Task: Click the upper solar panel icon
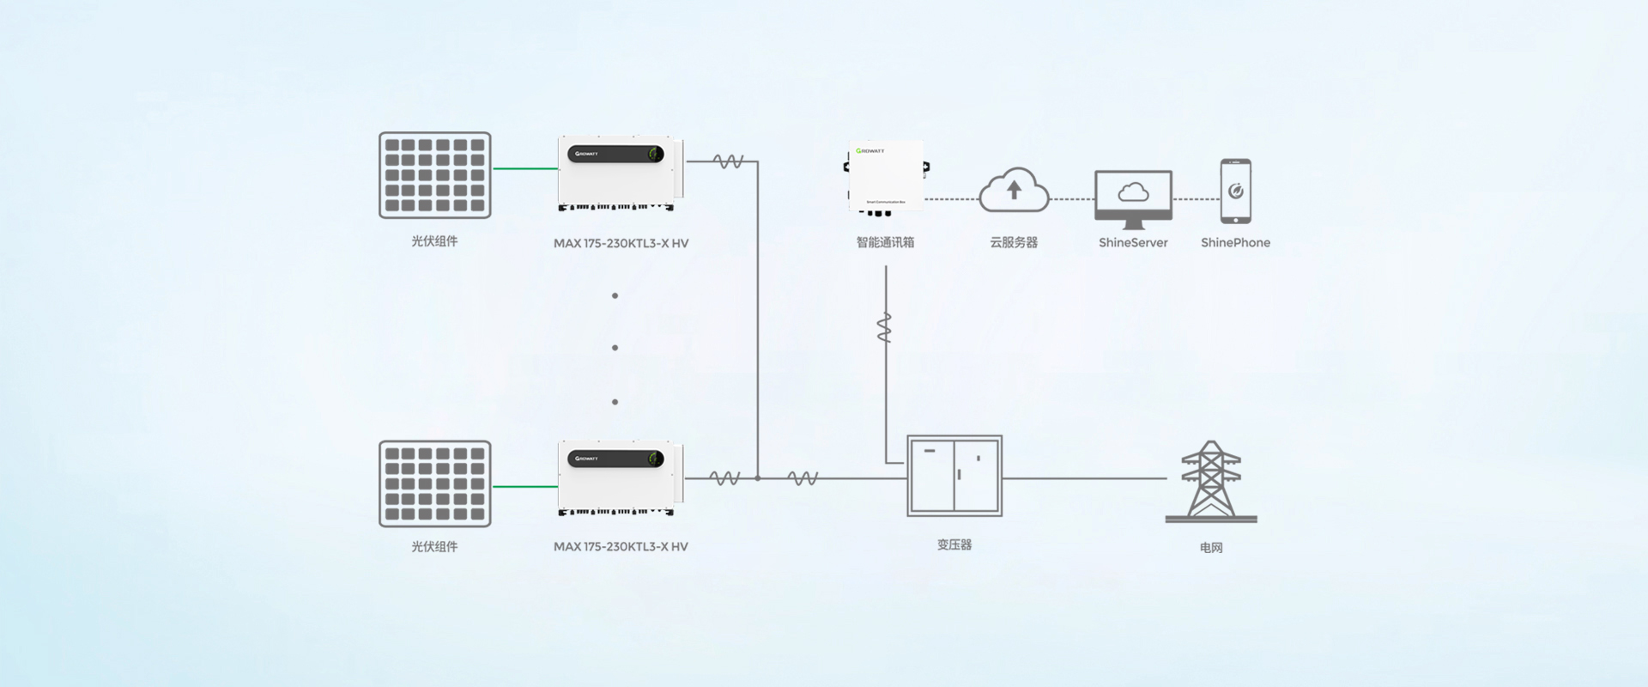pyautogui.click(x=435, y=175)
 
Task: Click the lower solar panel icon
pyautogui.click(x=435, y=483)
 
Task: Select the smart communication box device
pyautogui.click(x=887, y=177)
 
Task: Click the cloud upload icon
pyautogui.click(x=1014, y=190)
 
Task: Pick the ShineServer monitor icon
pyautogui.click(x=1133, y=198)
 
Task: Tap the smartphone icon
pyautogui.click(x=1235, y=191)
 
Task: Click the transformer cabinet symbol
pyautogui.click(x=954, y=476)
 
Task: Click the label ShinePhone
pyautogui.click(x=1235, y=243)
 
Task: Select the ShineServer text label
pyautogui.click(x=1133, y=243)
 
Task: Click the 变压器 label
pyautogui.click(x=954, y=544)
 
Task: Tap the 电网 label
pyautogui.click(x=1210, y=548)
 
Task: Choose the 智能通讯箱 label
pyautogui.click(x=885, y=242)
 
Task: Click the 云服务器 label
pyautogui.click(x=1014, y=242)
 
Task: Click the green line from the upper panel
pyautogui.click(x=525, y=168)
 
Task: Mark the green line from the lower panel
pyautogui.click(x=525, y=487)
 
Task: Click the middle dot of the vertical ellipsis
pyautogui.click(x=615, y=348)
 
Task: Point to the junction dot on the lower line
pyautogui.click(x=757, y=478)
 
